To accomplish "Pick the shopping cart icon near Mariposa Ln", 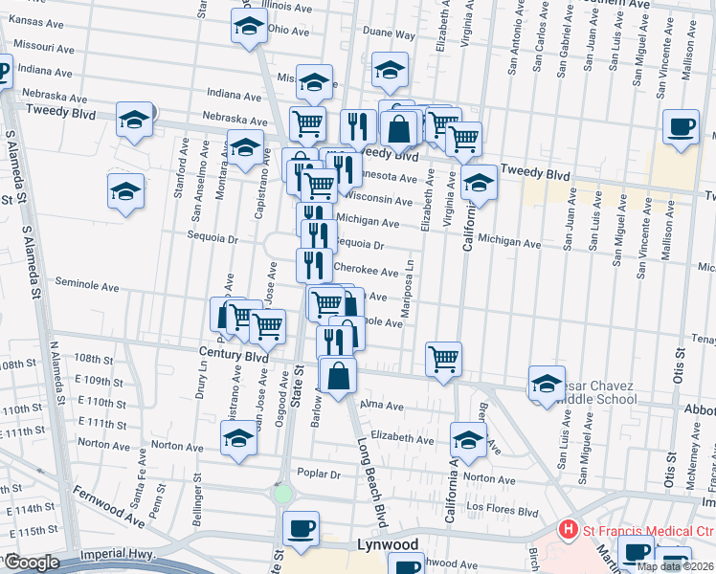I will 443,360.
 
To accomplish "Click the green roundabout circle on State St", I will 282,495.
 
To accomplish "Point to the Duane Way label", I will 388,34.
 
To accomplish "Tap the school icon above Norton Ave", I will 238,440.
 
